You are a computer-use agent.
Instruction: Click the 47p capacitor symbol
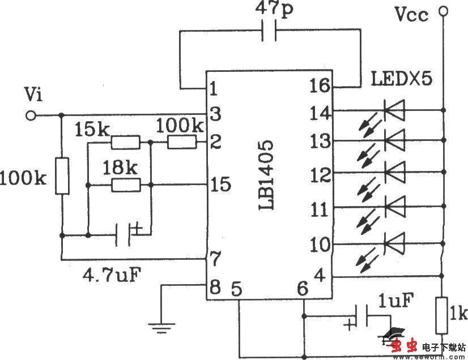pyautogui.click(x=270, y=32)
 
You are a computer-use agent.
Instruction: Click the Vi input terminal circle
pyautogui.click(x=32, y=115)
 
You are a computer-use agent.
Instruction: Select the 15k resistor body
pyautogui.click(x=125, y=143)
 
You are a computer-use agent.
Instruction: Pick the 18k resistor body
pyautogui.click(x=125, y=185)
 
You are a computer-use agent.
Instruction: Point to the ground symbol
pyautogui.click(x=161, y=324)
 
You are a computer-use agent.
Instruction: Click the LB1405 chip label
pyautogui.click(x=267, y=175)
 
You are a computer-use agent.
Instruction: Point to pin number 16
pyautogui.click(x=320, y=87)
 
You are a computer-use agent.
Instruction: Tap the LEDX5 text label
pyautogui.click(x=402, y=78)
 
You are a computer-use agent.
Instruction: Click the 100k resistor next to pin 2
pyautogui.click(x=182, y=143)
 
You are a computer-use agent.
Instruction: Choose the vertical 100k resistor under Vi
pyautogui.click(x=62, y=177)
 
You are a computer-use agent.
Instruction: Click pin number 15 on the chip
pyautogui.click(x=220, y=185)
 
